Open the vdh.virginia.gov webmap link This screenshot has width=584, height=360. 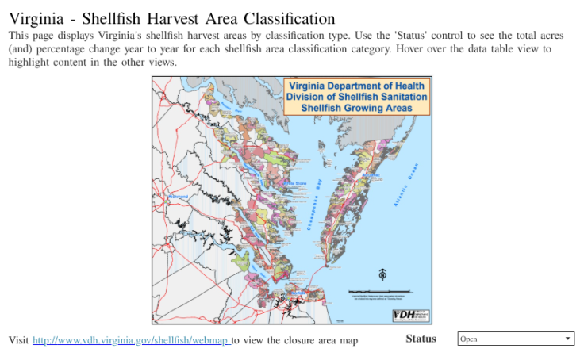131,340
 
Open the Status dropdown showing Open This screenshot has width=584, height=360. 515,339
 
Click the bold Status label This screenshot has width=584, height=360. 421,339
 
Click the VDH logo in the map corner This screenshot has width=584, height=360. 411,315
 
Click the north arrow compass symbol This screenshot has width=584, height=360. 382,274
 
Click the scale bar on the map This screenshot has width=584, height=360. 382,291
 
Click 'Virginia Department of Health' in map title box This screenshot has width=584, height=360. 357,86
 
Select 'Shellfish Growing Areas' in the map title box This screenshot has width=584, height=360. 357,107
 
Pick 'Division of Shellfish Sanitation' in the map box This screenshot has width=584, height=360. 357,97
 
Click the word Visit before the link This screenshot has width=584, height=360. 18,340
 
